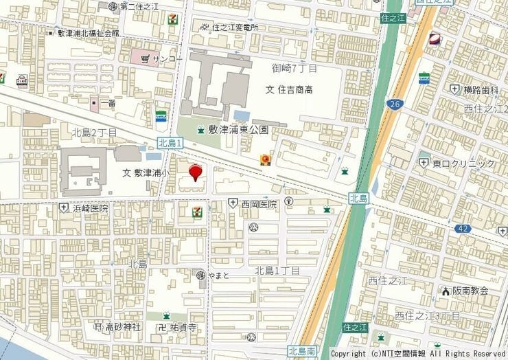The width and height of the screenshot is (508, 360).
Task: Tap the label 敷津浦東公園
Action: pos(238,130)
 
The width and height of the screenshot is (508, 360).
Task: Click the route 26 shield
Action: pos(394,104)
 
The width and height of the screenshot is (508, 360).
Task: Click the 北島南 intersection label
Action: pos(302,351)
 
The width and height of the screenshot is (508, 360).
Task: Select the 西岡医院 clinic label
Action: pos(259,204)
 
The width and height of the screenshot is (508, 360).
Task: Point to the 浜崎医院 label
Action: pos(91,207)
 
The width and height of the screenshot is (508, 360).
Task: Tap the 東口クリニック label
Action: pos(463,164)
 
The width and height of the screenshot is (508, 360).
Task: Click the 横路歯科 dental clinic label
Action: pos(480,89)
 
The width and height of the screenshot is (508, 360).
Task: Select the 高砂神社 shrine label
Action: pos(122,327)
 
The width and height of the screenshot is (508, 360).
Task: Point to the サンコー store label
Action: pos(167,59)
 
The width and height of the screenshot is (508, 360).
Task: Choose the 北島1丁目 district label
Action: pos(277,271)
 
